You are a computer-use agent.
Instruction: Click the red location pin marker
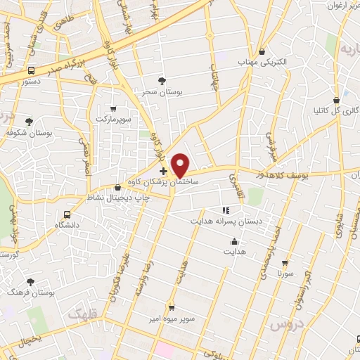coord(181,165)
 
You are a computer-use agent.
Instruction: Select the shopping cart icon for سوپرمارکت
coord(113,109)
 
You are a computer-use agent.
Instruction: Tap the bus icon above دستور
coord(31,70)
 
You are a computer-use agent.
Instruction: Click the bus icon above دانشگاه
coord(67,214)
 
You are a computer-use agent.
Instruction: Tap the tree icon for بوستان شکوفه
coord(29,122)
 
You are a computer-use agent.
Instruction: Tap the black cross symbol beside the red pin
coord(163,170)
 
